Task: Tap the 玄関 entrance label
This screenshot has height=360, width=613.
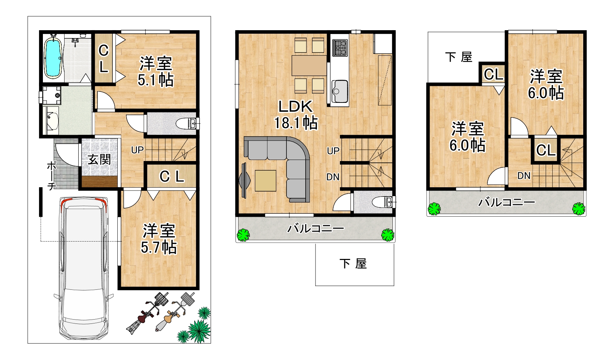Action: pyautogui.click(x=100, y=159)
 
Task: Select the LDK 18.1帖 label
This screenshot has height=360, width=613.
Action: pyautogui.click(x=296, y=115)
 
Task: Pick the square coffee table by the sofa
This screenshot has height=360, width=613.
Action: pyautogui.click(x=265, y=181)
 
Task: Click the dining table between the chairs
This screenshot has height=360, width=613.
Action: pyautogui.click(x=309, y=65)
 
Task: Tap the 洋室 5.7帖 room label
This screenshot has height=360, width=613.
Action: pyautogui.click(x=159, y=239)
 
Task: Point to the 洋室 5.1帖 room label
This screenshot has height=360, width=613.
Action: pyautogui.click(x=156, y=72)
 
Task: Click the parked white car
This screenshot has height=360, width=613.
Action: pyautogui.click(x=84, y=268)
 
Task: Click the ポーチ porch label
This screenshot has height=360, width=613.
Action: pyautogui.click(x=52, y=176)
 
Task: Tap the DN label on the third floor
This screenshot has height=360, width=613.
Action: pyautogui.click(x=524, y=176)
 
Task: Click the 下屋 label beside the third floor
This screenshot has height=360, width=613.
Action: pyautogui.click(x=459, y=57)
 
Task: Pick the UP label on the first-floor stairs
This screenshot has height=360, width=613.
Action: pyautogui.click(x=137, y=150)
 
